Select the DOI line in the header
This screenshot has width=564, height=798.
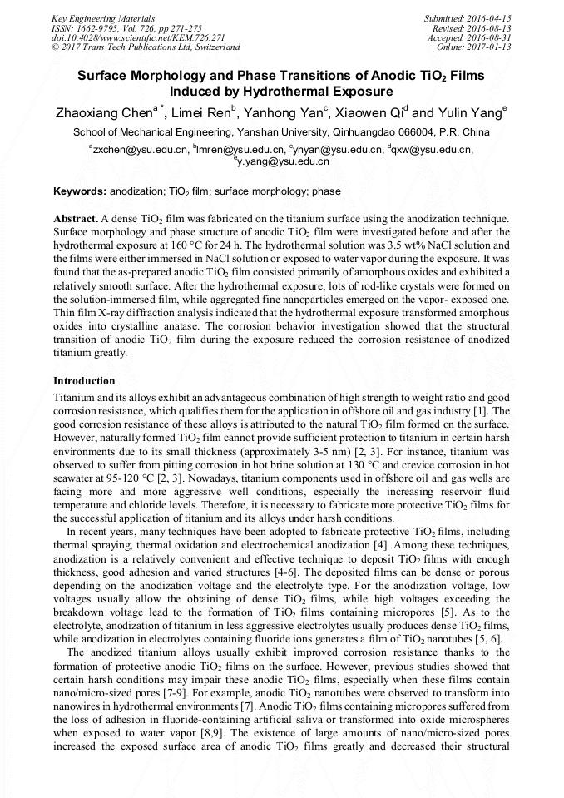pyautogui.click(x=138, y=37)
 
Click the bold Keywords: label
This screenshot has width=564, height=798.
pyautogui.click(x=80, y=191)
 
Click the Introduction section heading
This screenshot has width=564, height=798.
pyautogui.click(x=85, y=380)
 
